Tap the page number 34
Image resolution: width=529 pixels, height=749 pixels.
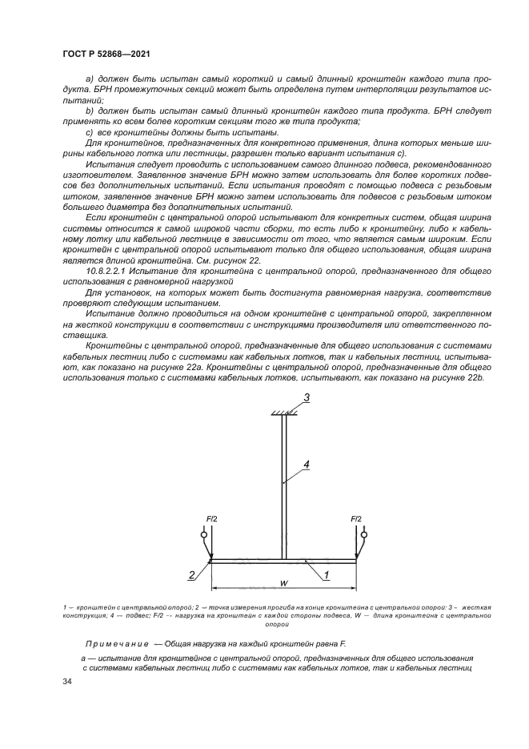[66, 681]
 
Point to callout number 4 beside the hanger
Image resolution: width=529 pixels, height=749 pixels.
[306, 464]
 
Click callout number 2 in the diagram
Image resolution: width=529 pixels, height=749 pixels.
[191, 574]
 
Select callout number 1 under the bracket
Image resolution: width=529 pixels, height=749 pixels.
[327, 574]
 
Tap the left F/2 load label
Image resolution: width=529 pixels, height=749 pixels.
[211, 519]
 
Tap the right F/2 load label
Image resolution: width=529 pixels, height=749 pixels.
[356, 519]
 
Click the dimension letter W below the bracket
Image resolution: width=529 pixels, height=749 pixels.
[283, 582]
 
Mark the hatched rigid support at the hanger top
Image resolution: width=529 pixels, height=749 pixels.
[283, 412]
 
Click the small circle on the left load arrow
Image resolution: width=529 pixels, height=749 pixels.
[203, 534]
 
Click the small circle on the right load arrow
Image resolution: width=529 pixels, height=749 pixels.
[364, 534]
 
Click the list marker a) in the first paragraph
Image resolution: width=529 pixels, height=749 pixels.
[90, 80]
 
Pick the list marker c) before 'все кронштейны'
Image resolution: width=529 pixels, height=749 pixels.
[90, 132]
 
